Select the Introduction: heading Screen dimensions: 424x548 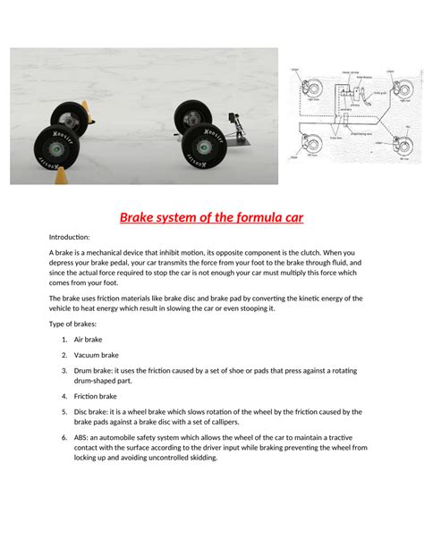(x=70, y=237)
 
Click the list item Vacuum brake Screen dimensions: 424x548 (x=98, y=355)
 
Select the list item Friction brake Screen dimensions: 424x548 (x=97, y=396)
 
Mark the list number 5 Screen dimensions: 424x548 (x=65, y=411)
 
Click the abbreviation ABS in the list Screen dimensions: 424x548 (x=81, y=438)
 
